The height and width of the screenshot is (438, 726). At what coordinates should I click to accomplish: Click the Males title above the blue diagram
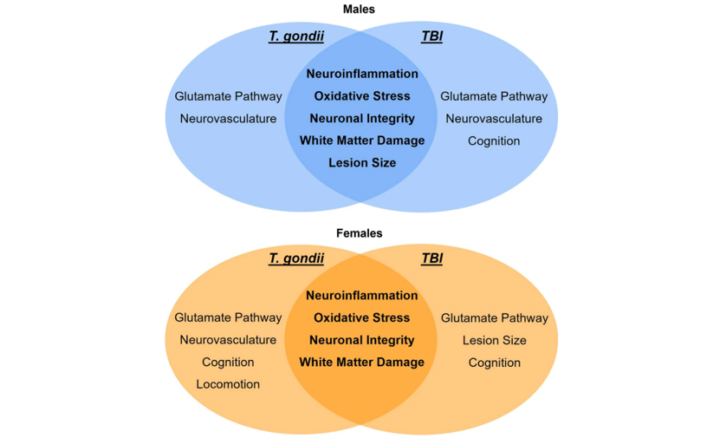(359, 10)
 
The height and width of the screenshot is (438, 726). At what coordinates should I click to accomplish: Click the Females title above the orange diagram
(359, 233)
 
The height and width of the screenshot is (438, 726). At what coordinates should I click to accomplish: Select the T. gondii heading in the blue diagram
(296, 36)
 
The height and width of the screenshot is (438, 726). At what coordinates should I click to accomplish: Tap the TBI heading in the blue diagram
(431, 36)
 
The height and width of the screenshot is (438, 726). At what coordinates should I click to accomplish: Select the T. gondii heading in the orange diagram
(296, 258)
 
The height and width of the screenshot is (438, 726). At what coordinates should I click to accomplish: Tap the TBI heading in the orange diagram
(431, 258)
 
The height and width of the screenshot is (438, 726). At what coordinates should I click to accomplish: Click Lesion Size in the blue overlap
(362, 163)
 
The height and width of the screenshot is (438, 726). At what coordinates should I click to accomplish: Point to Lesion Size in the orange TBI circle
(494, 340)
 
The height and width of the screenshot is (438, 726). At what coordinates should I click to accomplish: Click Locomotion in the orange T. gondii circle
(228, 384)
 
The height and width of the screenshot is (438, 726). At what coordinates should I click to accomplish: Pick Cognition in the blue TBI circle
(494, 141)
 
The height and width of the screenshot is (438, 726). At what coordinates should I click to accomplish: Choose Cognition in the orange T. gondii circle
(228, 363)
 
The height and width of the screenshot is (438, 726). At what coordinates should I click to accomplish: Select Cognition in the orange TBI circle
(494, 363)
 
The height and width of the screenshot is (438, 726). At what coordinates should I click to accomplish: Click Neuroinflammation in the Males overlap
(362, 74)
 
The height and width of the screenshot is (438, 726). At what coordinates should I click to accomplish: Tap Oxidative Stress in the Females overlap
(362, 317)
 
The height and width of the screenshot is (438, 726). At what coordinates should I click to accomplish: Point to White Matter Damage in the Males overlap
(362, 141)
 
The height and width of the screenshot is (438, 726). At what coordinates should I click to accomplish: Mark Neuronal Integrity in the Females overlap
(362, 340)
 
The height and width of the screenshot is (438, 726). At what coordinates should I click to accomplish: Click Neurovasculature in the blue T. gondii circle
(228, 119)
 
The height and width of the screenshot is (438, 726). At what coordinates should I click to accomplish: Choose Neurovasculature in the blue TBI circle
(494, 119)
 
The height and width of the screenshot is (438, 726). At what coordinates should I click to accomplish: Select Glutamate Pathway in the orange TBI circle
(494, 318)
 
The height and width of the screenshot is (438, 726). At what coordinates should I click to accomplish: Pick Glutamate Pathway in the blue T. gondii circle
(228, 96)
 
